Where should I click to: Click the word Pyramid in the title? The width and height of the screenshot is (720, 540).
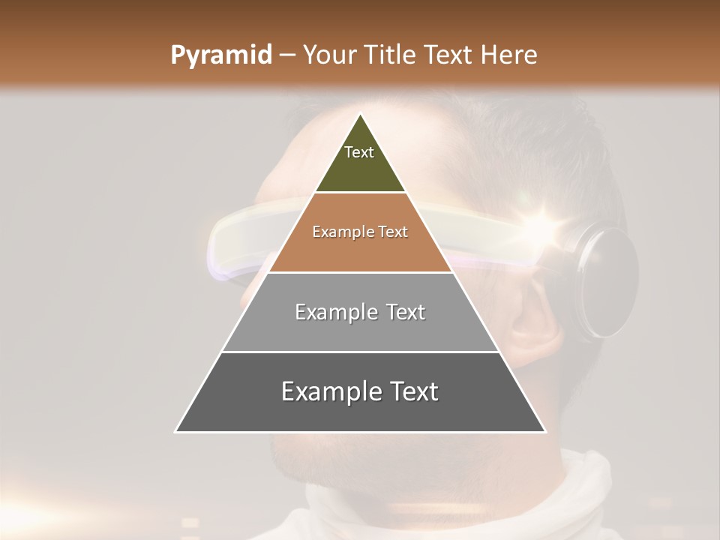[220, 55]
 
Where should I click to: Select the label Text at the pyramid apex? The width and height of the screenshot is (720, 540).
[359, 152]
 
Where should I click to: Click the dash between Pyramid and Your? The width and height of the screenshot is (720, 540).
[286, 55]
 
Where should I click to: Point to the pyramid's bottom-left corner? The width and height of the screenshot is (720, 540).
[175, 432]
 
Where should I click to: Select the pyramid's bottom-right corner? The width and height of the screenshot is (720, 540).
[545, 432]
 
